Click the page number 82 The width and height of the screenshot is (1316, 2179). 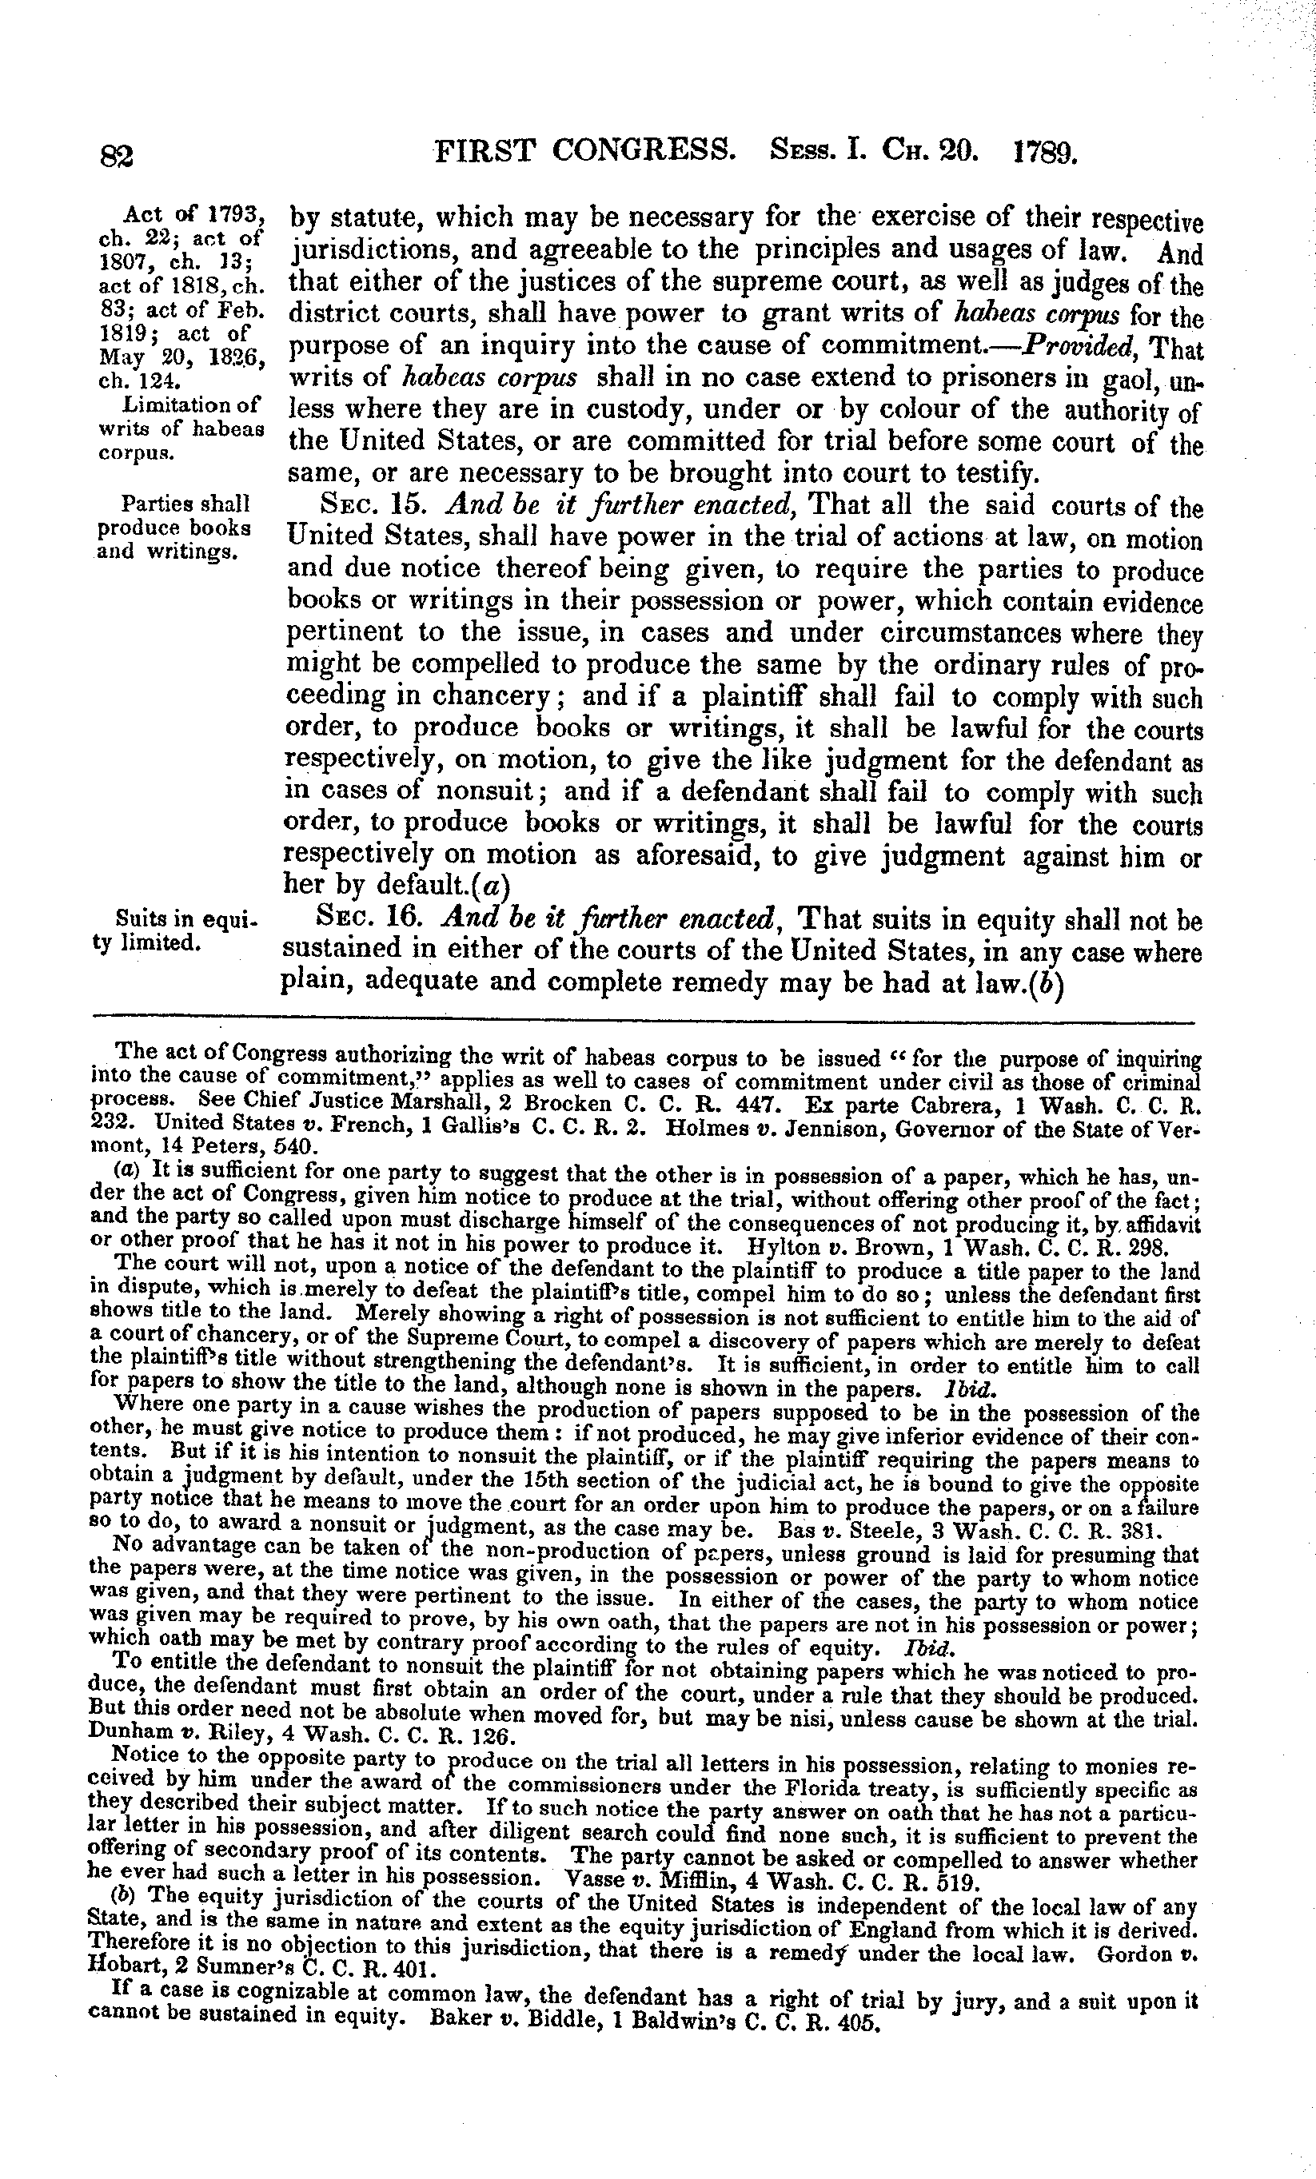pos(115,157)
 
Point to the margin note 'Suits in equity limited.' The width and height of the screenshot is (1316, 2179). pos(173,930)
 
